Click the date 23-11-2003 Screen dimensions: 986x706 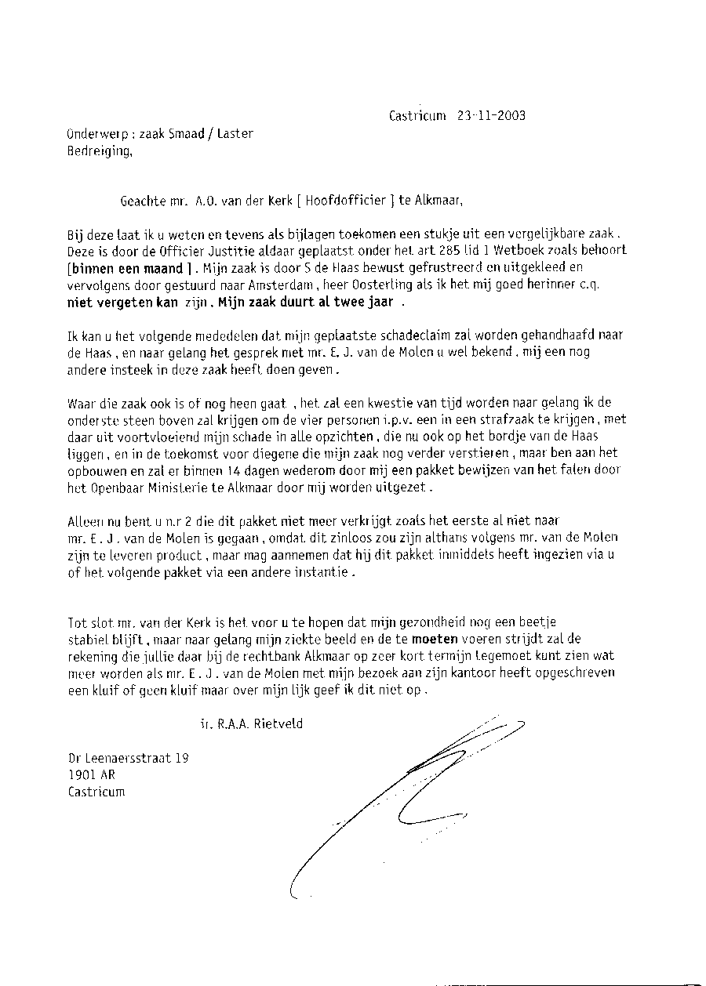(x=486, y=116)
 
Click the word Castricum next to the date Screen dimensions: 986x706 (x=417, y=116)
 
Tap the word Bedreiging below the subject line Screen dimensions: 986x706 (x=100, y=151)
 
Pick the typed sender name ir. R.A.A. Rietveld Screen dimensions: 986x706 (x=251, y=724)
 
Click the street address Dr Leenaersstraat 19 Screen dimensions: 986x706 (x=128, y=758)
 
